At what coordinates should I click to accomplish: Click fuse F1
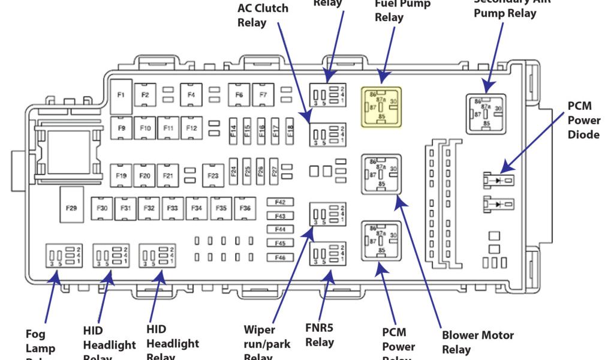coord(122,95)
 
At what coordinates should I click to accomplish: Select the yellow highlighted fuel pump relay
coord(380,106)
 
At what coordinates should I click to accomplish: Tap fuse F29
coord(71,207)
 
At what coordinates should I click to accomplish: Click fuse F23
coord(213,175)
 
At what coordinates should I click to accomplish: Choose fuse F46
coord(280,257)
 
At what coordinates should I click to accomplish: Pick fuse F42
coord(280,202)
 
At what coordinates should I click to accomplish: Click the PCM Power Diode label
coord(583,120)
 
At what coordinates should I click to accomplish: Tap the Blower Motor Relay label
coord(477,342)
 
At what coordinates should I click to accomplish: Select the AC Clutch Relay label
coord(263,16)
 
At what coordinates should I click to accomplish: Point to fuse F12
coord(191,128)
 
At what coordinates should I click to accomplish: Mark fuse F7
coord(263,95)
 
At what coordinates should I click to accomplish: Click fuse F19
coord(121,175)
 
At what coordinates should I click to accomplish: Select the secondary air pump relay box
coord(486,113)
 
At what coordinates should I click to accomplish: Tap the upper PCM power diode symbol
coord(498,179)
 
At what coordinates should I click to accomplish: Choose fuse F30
coord(103,208)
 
